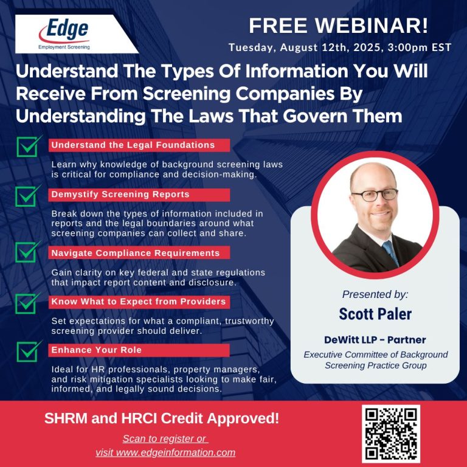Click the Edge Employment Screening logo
tap(64, 34)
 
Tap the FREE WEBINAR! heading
tap(339, 26)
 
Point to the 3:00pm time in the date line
tap(408, 47)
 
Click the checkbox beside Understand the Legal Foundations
tap(29, 146)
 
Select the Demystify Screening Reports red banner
tap(139, 195)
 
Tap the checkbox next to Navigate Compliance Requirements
tap(28, 252)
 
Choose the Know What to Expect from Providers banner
tap(139, 302)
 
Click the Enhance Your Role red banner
tap(139, 350)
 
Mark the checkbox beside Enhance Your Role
tap(29, 351)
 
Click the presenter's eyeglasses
tap(375, 195)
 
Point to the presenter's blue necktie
tap(391, 252)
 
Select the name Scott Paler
tap(375, 314)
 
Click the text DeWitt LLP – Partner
tap(375, 340)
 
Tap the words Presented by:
tap(375, 294)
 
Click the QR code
tap(391, 434)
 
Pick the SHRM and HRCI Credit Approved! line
tap(162, 418)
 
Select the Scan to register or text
tap(165, 438)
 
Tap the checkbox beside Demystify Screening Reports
tap(28, 196)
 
